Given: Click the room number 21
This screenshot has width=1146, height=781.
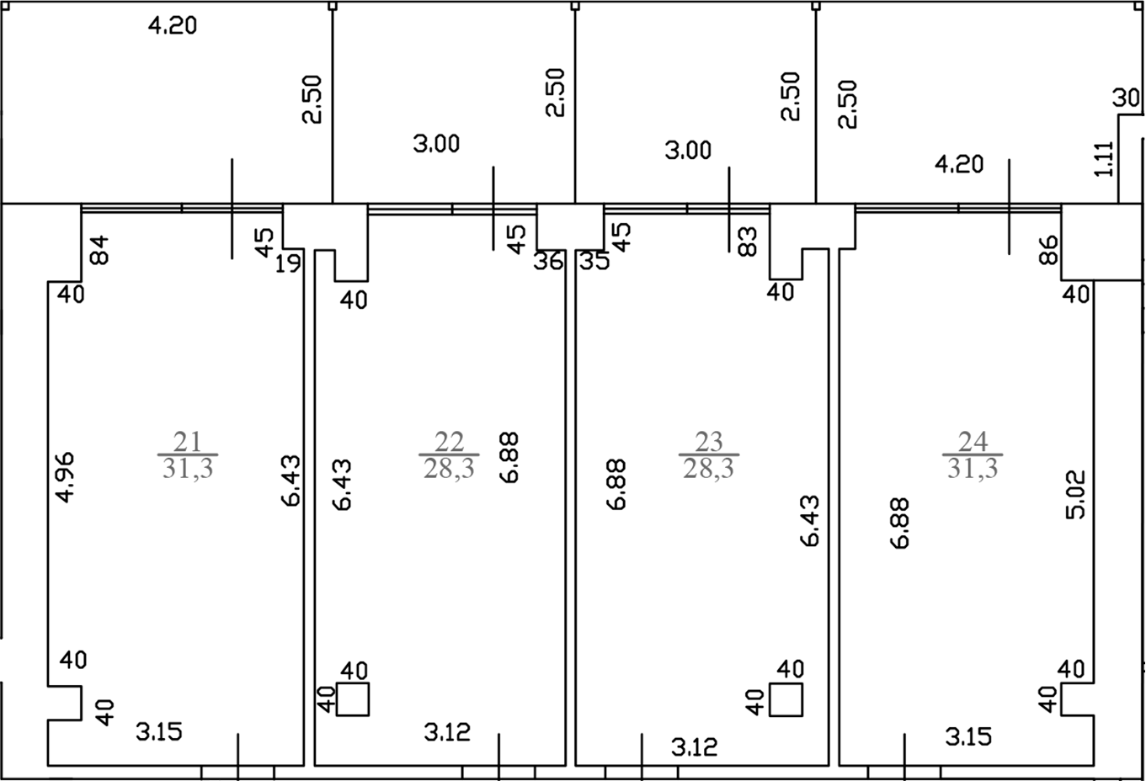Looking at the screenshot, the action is pos(188,442).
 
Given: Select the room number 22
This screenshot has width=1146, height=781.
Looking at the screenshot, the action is pos(449,442).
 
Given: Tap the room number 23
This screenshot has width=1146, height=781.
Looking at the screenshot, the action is pos(709,442).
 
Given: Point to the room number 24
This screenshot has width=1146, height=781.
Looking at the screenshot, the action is pos(973,442).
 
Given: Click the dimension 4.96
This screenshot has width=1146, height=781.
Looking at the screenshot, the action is pos(66,477).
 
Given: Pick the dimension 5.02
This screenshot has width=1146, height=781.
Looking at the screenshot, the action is pos(1075,495).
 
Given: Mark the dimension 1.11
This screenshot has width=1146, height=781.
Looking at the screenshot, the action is pos(1104,159).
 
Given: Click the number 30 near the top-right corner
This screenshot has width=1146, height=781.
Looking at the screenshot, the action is pos(1126,97).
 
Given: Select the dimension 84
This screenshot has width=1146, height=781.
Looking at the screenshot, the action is pos(99,250).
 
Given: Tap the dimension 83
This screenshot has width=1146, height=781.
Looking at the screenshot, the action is pos(748,242).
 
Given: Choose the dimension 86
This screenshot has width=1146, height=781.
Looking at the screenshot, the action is pos(1048,250).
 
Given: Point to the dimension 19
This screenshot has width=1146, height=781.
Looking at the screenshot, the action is pos(288,264).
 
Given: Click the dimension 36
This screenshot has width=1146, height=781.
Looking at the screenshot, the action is pos(548,261).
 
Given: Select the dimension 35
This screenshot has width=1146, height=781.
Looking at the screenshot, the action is pos(594,261).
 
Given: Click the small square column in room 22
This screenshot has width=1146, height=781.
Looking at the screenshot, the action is pos(353,699).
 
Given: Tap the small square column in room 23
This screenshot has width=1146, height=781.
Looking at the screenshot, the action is pos(786,699).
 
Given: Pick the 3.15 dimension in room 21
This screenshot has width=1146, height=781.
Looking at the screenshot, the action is pos(158,732).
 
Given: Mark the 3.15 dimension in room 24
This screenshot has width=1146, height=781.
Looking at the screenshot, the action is pos(968,737).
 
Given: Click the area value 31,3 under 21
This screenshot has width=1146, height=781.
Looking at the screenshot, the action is pos(188,468).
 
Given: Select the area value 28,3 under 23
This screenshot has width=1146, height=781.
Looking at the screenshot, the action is pos(709,468).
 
